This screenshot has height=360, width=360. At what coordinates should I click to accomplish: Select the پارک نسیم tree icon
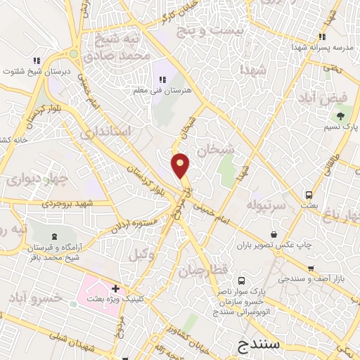click(x=341, y=115)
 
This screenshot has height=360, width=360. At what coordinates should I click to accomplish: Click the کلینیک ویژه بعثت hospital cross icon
click(x=115, y=288)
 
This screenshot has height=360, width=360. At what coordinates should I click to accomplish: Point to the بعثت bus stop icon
click(x=309, y=195)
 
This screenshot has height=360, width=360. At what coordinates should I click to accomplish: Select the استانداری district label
click(x=106, y=131)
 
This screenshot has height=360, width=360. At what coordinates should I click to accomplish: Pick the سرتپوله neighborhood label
click(x=265, y=205)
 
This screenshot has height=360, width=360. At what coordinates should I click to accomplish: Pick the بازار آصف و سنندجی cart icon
click(x=310, y=269)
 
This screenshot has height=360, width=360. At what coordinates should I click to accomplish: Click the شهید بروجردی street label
click(x=67, y=204)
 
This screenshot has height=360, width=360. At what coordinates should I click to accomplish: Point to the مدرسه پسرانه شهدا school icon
click(x=321, y=37)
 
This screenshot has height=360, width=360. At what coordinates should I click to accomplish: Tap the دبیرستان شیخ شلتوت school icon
click(x=36, y=60)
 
